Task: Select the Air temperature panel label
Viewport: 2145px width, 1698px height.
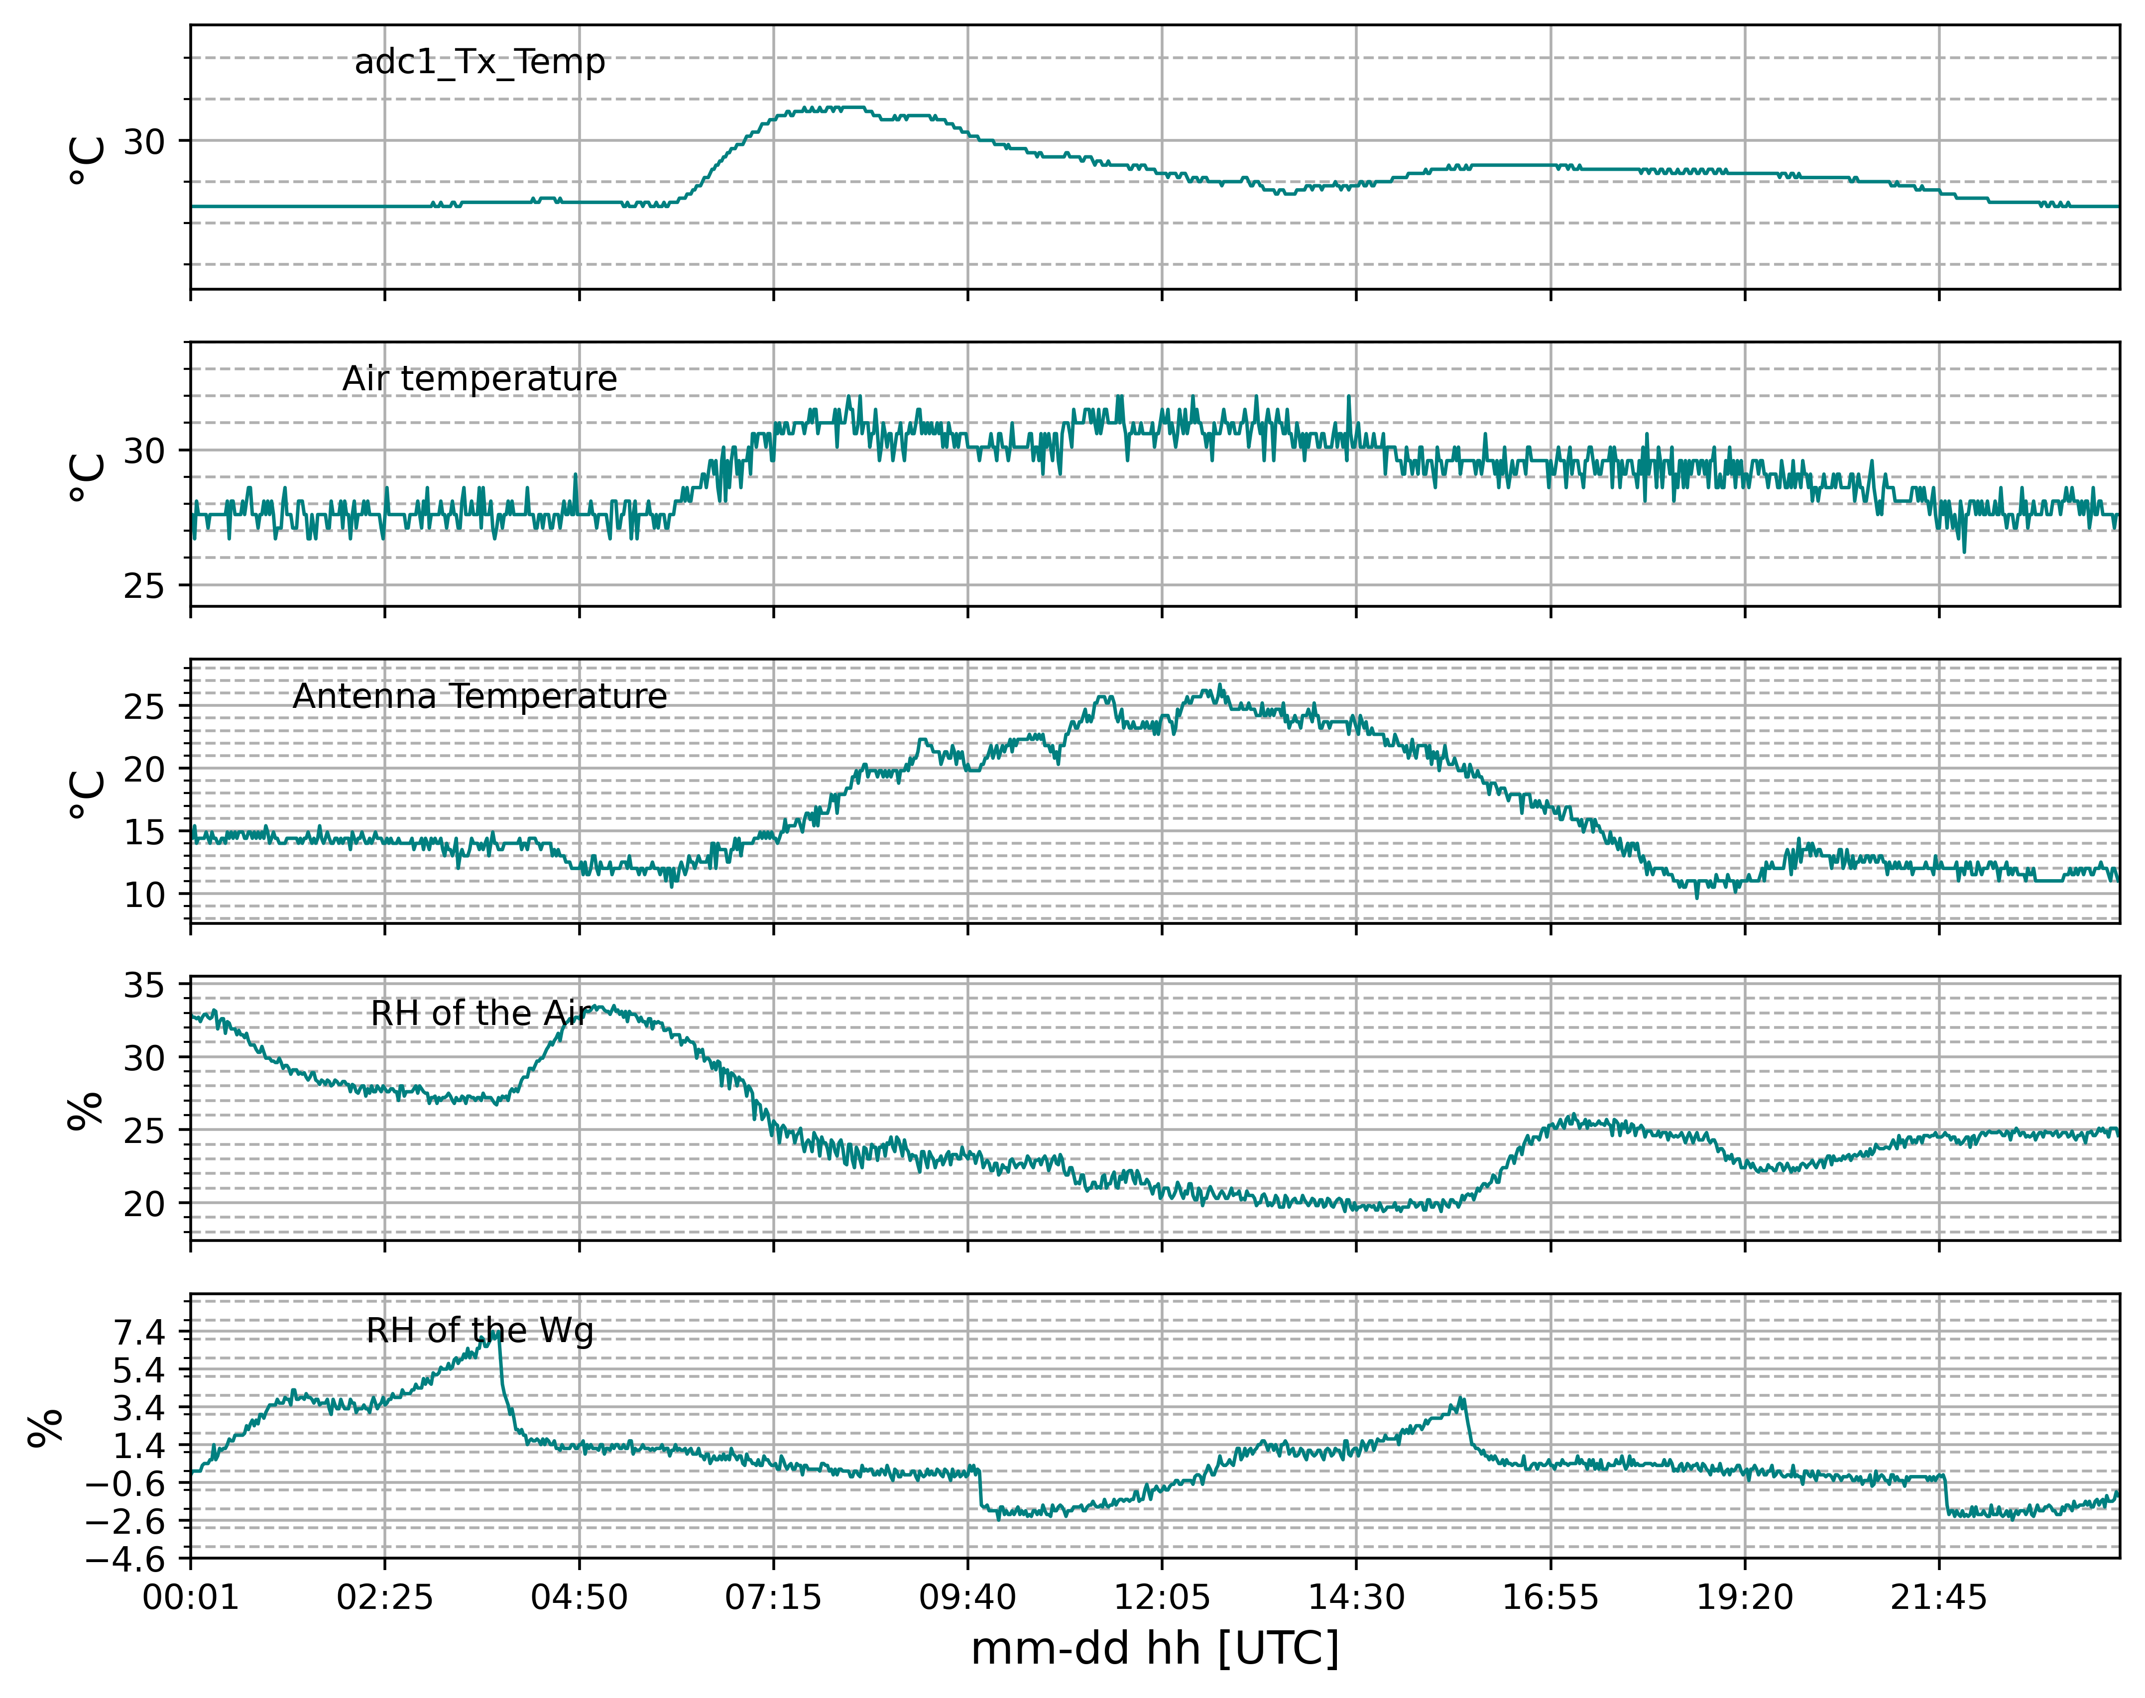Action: pos(479,379)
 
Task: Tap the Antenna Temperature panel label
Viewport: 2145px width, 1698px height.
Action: pos(479,696)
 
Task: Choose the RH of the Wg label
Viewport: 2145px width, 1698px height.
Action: pos(479,1330)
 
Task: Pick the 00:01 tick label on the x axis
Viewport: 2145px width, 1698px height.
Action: pos(191,1598)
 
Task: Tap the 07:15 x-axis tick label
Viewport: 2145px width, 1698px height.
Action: pos(774,1598)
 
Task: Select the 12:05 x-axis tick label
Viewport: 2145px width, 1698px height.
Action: pos(1162,1598)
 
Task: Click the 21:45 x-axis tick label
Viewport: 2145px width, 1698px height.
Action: pos(1938,1598)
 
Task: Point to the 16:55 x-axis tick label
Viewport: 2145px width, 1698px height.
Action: pos(1550,1598)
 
